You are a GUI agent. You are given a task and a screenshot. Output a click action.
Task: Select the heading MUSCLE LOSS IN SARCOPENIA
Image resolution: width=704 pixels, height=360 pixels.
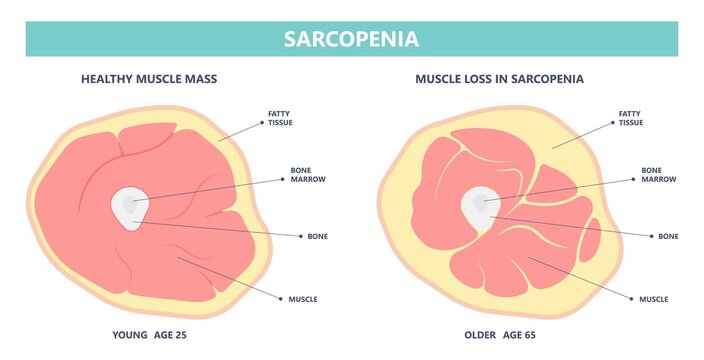click(499, 77)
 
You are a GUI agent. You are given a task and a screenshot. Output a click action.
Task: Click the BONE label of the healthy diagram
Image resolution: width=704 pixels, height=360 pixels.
click(318, 236)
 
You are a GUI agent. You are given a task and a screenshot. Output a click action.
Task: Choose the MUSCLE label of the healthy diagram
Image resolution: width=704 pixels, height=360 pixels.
click(303, 298)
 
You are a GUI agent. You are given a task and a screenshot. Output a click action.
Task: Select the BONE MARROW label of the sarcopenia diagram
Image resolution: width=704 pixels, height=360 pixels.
click(659, 175)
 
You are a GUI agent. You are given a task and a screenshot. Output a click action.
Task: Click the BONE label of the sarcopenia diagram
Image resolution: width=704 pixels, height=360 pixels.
click(668, 236)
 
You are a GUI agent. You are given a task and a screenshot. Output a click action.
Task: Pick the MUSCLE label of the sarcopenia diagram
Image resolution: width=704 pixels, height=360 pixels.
click(653, 298)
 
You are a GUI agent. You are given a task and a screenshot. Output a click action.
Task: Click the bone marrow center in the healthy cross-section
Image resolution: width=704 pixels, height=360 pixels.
click(128, 206)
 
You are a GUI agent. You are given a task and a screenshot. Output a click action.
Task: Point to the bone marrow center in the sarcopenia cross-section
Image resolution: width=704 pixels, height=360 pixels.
click(481, 203)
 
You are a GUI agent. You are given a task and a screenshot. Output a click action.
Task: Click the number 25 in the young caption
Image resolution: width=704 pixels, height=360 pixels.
click(180, 334)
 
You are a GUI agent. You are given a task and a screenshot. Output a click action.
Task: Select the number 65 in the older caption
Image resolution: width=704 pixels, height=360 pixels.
click(529, 334)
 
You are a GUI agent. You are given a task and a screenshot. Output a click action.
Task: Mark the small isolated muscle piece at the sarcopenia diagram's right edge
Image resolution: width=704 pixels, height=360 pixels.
click(592, 240)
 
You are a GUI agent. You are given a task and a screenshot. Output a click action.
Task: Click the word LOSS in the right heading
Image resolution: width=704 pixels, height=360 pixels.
click(479, 77)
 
